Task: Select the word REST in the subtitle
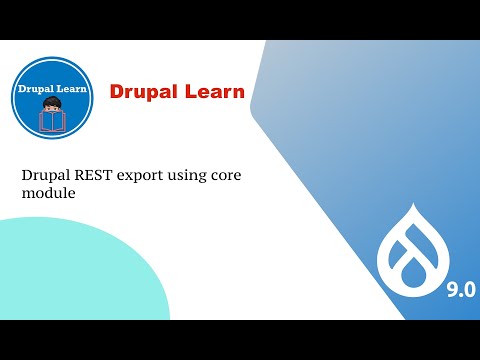90,174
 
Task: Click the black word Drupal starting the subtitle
44,174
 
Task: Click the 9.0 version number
461,289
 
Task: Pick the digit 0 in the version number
468,289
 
